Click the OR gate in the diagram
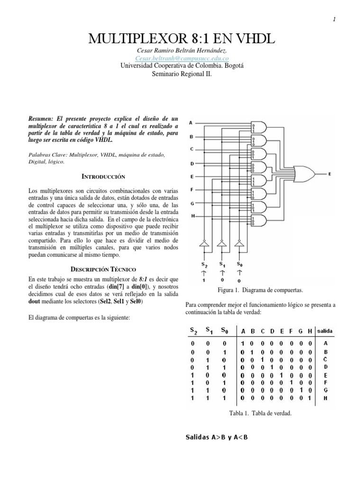(x=304, y=174)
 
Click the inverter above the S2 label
(x=204, y=244)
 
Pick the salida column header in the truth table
(x=325, y=331)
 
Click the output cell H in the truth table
(x=325, y=398)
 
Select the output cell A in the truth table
(x=325, y=343)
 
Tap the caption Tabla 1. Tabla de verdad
(x=260, y=413)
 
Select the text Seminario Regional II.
(x=182, y=74)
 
